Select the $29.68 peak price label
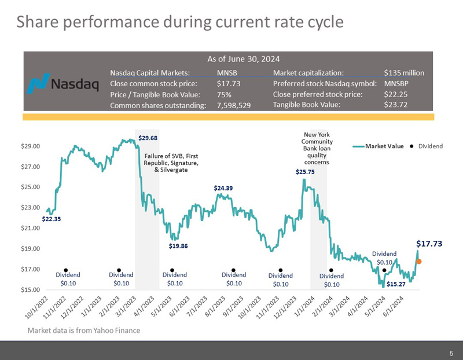pos(148,138)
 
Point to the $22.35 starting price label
pos(52,219)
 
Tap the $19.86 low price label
pos(178,246)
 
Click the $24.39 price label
pos(223,188)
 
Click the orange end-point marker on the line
pos(418,262)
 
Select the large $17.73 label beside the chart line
pos(429,244)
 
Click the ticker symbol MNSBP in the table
pos(396,83)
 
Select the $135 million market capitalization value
pos(404,73)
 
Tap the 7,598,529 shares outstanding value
pos(233,105)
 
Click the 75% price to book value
pos(223,94)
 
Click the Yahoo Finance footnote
pos(84,330)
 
